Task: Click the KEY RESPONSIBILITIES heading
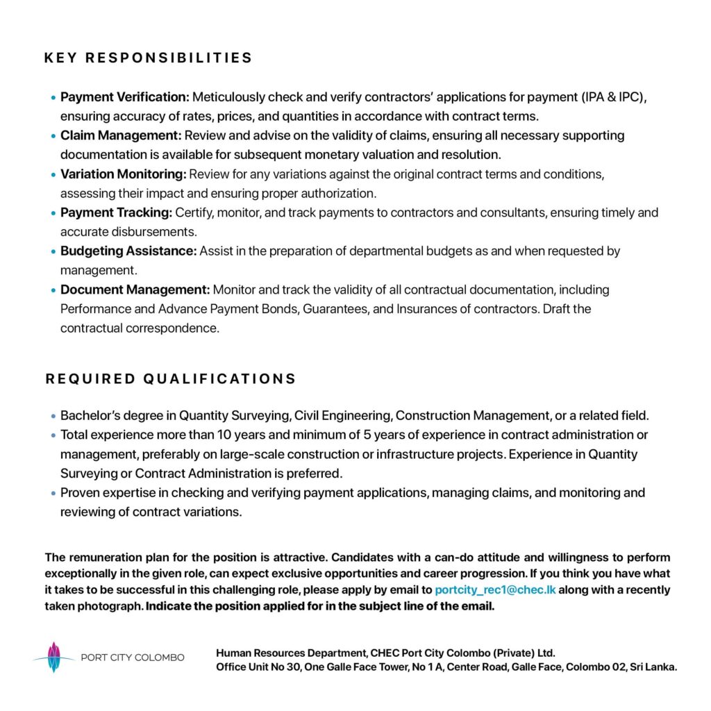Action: click(148, 58)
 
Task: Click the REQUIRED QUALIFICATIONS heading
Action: click(171, 379)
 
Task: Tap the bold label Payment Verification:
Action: click(125, 97)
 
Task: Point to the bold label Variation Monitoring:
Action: click(124, 174)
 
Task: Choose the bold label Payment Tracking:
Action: click(117, 212)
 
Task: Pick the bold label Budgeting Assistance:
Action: click(128, 251)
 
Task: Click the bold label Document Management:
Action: click(135, 290)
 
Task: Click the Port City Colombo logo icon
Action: click(54, 657)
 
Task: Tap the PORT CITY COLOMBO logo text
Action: click(133, 658)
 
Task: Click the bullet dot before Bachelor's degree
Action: click(53, 417)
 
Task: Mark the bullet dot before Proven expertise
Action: click(53, 494)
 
